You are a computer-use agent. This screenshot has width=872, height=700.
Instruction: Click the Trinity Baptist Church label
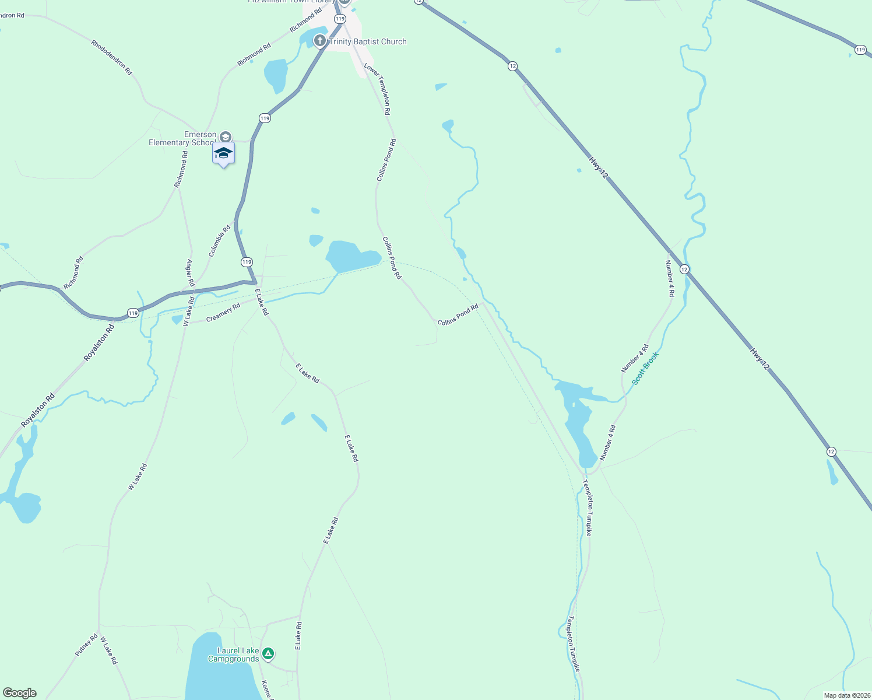(367, 41)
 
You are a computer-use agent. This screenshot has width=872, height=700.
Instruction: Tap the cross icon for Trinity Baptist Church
(319, 41)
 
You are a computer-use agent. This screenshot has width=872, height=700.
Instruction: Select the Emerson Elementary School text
(182, 139)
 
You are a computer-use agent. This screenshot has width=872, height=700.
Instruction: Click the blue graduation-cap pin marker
(223, 153)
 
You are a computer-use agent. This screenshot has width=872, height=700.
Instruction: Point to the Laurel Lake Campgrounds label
(234, 654)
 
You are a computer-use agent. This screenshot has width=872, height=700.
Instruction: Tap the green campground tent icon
(268, 653)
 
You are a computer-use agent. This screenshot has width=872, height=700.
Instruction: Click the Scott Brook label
(645, 368)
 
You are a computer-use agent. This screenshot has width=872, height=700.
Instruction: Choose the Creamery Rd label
(223, 313)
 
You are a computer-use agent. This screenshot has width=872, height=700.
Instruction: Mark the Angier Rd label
(190, 272)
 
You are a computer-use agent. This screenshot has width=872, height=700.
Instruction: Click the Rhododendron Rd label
(111, 57)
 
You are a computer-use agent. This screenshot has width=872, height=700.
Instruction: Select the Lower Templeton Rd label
(377, 89)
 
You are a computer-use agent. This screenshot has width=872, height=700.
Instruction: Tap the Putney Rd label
(86, 645)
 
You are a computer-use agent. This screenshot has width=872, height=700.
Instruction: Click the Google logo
(20, 693)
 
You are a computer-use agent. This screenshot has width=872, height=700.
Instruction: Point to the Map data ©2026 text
(846, 695)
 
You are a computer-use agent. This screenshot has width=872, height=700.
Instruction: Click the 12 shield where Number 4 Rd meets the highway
(684, 269)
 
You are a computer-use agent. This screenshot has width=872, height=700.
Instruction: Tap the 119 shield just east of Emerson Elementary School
(265, 118)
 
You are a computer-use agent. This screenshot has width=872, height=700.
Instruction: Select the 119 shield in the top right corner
(860, 50)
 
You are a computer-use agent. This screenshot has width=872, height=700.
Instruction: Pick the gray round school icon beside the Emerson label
(226, 137)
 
